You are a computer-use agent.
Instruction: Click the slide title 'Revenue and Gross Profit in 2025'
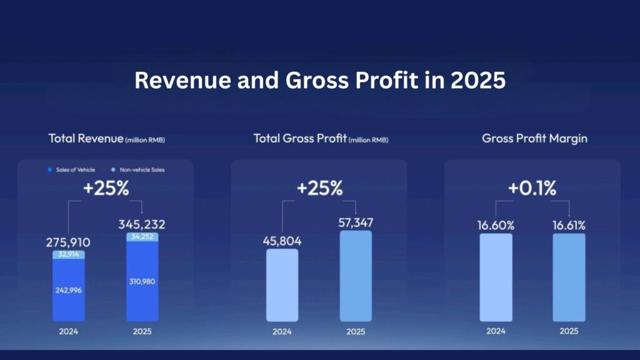pos(320,82)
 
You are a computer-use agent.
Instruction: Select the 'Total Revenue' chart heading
pos(106,139)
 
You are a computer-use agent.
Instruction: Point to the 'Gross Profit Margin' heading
pos(534,139)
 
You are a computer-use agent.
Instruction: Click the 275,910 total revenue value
pos(69,241)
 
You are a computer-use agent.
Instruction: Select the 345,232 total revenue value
pos(142,224)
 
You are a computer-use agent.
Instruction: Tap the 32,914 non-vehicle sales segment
pos(69,255)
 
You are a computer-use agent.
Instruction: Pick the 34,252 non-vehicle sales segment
pos(142,237)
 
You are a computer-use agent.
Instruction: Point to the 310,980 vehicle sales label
pos(142,281)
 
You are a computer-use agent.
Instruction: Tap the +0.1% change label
pos(532,189)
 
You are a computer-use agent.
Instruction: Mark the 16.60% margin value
pos(496,224)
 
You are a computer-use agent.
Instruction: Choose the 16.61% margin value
pos(569,224)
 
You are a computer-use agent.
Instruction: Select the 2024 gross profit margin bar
pos(496,277)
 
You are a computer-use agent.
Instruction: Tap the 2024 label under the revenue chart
pos(69,332)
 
